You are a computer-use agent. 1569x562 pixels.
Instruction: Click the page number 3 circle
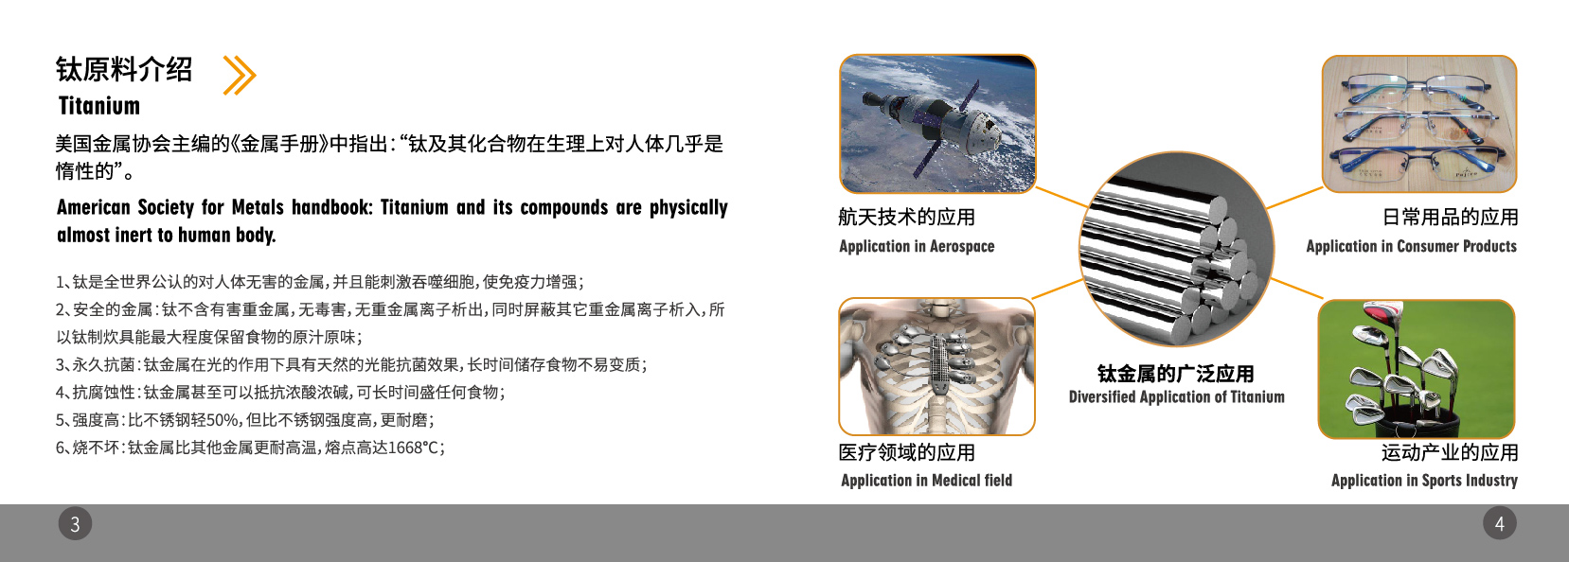coord(75,523)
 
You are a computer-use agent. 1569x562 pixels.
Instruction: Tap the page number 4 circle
coord(1499,523)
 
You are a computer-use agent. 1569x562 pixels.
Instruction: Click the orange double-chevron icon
coord(239,76)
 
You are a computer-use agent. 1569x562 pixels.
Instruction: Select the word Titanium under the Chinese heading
coord(98,106)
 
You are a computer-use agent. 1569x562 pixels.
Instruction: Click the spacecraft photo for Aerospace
coord(937,124)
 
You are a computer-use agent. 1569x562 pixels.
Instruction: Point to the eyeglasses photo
coord(1418,124)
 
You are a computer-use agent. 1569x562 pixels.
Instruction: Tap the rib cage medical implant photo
coord(936,366)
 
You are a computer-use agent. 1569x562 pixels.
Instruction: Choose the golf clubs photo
coord(1416,369)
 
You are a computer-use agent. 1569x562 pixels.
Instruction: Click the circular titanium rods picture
coord(1176,250)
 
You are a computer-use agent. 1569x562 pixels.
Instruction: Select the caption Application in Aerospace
coord(917,246)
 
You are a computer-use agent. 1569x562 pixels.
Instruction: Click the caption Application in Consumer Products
coord(1411,246)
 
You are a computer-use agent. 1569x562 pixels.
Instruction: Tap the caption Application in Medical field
coord(926,481)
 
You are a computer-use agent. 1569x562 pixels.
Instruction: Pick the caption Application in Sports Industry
coord(1424,481)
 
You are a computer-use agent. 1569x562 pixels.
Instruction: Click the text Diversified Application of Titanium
coord(1176,397)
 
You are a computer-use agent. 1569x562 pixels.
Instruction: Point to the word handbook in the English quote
coord(330,207)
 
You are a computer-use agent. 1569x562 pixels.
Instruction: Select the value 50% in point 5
coord(222,420)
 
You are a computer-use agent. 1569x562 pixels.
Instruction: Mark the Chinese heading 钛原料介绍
coord(124,69)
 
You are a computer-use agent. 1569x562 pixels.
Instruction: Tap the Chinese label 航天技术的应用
coord(906,217)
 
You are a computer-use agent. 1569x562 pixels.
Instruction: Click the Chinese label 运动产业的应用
coord(1449,452)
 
